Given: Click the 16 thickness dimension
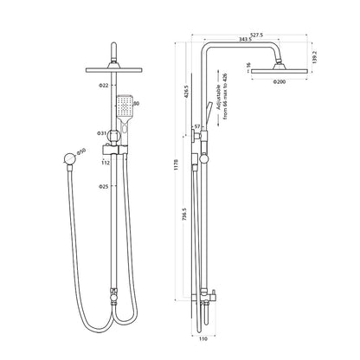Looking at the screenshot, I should (x=247, y=64).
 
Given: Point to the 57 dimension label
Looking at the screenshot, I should (x=197, y=126).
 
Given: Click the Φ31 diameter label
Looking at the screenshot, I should (x=103, y=133).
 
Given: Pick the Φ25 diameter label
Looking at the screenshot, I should (x=104, y=187).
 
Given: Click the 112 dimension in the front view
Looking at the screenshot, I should (x=105, y=161).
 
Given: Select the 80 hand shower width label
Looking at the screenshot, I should (x=137, y=105).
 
